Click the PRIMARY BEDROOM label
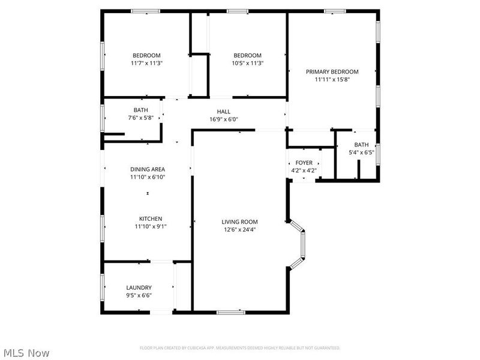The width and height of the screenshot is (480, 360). click(332, 71)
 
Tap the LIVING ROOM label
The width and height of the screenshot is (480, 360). click(239, 221)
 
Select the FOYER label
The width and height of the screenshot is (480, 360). click(304, 163)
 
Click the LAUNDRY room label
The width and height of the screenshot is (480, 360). click(139, 287)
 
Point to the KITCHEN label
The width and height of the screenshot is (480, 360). click(151, 218)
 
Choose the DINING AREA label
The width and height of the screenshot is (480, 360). click(148, 169)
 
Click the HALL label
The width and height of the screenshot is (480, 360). click(223, 111)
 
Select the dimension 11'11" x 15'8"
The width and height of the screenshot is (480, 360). click(332, 79)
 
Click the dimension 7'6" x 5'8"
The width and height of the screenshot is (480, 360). click(141, 118)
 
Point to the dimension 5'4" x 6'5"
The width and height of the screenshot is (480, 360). click(361, 152)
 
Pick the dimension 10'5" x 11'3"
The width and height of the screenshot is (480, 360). click(248, 63)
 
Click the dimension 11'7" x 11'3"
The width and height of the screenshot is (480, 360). click(146, 63)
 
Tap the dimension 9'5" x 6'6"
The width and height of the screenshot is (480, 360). click(139, 295)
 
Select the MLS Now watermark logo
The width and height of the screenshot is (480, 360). click(26, 353)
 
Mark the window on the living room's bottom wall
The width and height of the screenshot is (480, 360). click(230, 311)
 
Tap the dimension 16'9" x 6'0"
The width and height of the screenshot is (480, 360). click(223, 119)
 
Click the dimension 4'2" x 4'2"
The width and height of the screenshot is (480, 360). click(304, 170)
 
